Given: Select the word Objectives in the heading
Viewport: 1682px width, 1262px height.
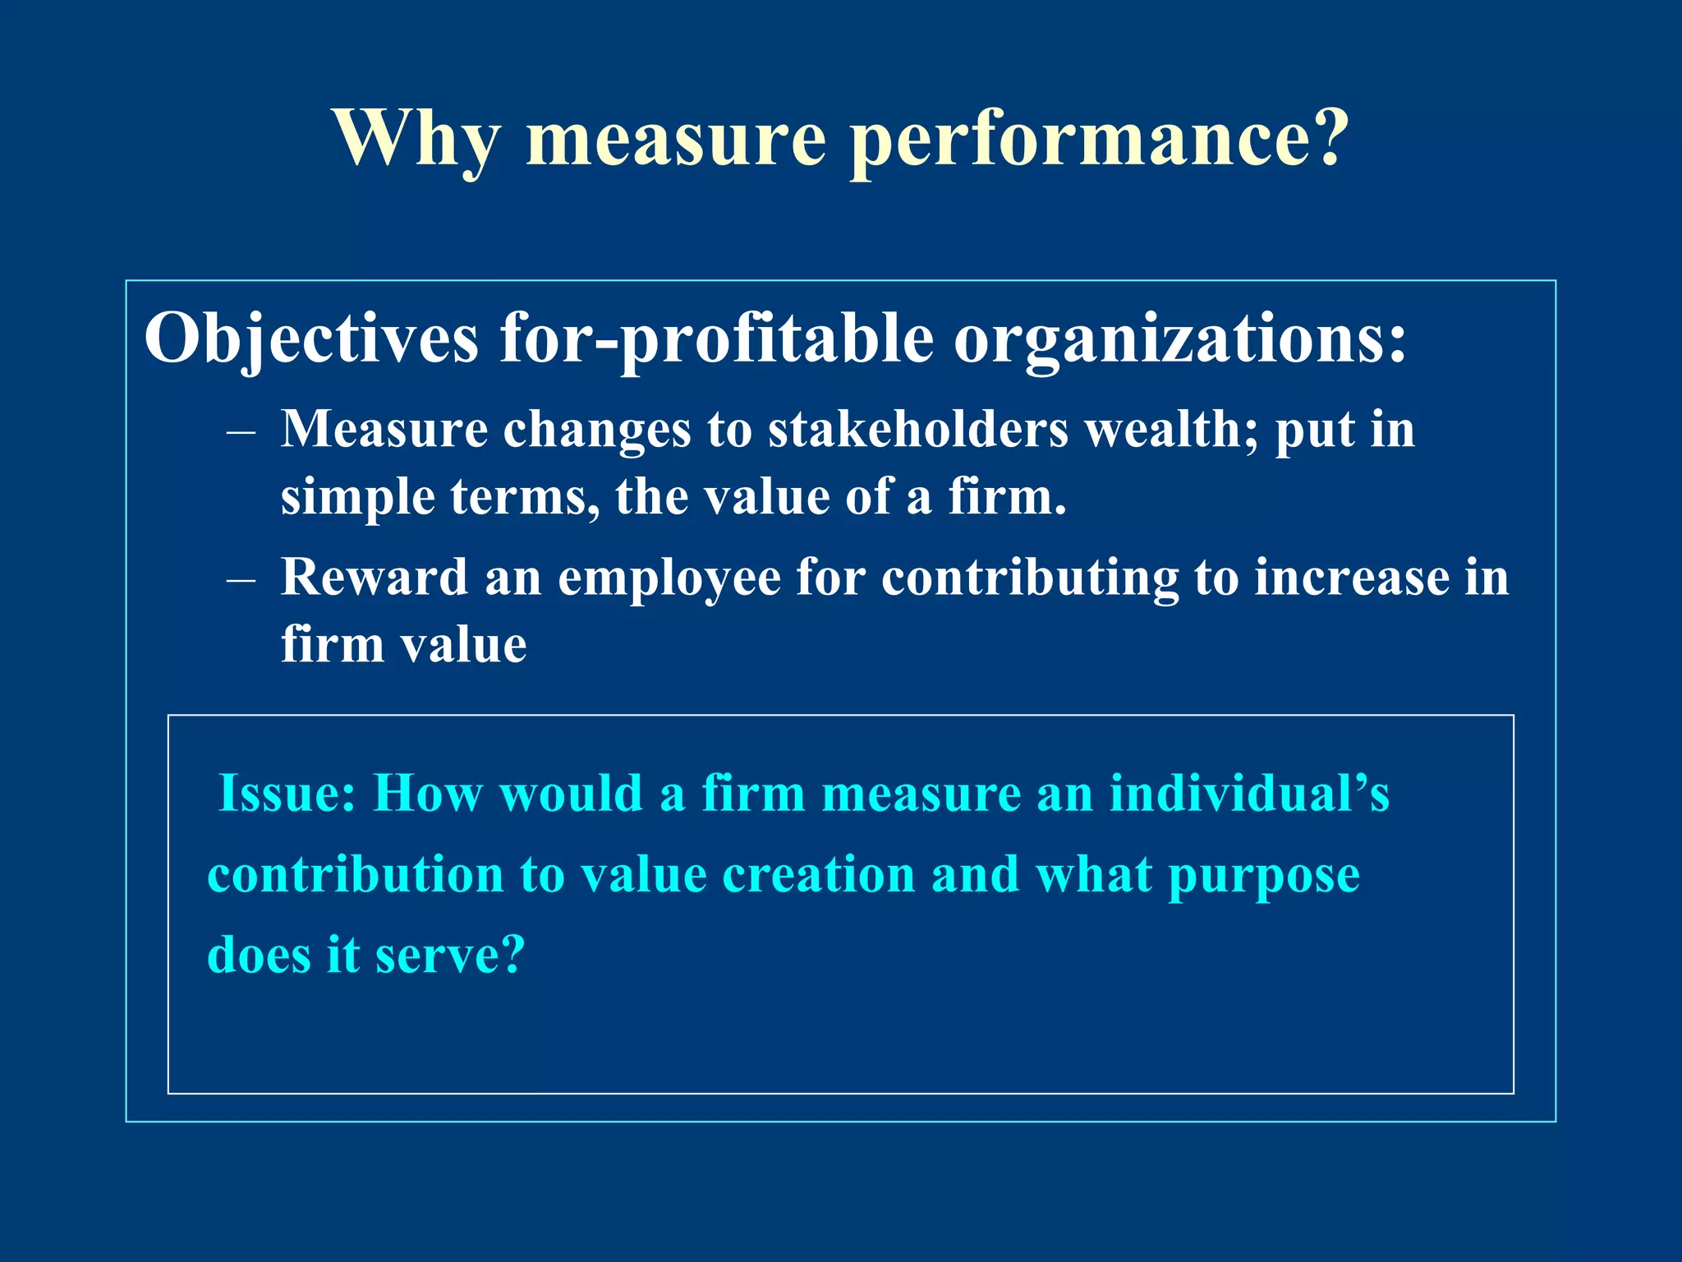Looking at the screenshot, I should click(311, 339).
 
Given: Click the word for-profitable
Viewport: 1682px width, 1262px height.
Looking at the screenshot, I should click(716, 339).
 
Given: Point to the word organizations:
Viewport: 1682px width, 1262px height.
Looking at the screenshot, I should click(1180, 339).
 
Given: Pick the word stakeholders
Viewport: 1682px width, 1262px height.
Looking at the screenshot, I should click(918, 429).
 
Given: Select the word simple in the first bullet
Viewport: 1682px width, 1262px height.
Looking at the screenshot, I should click(357, 497).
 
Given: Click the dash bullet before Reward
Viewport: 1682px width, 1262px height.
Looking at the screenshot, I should click(241, 578).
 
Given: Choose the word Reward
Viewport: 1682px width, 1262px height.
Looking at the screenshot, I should click(374, 577).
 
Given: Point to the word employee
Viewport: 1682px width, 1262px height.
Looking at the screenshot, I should click(669, 577).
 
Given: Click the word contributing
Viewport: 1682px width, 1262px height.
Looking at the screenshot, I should click(1030, 577).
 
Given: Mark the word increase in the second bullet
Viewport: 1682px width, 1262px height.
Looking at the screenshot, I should click(1351, 577).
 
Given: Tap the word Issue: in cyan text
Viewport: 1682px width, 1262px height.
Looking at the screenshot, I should click(287, 794).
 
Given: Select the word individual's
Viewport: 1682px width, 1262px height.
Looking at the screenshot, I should click(1249, 794).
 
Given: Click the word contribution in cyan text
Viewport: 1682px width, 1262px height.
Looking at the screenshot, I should click(356, 874).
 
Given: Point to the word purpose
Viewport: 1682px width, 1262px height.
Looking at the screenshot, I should click(1264, 876).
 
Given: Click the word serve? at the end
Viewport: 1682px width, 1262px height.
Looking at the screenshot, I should click(449, 955).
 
